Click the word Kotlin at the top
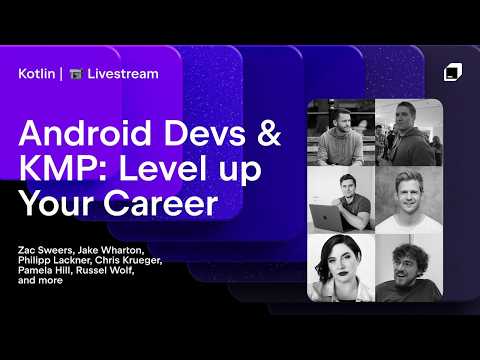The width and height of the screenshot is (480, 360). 37,73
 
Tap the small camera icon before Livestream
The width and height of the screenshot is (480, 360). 75,74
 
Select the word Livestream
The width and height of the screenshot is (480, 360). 122,73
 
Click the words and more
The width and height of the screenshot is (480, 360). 41,281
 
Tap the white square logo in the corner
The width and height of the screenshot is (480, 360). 453,72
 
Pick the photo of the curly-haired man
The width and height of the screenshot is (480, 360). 407,267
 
